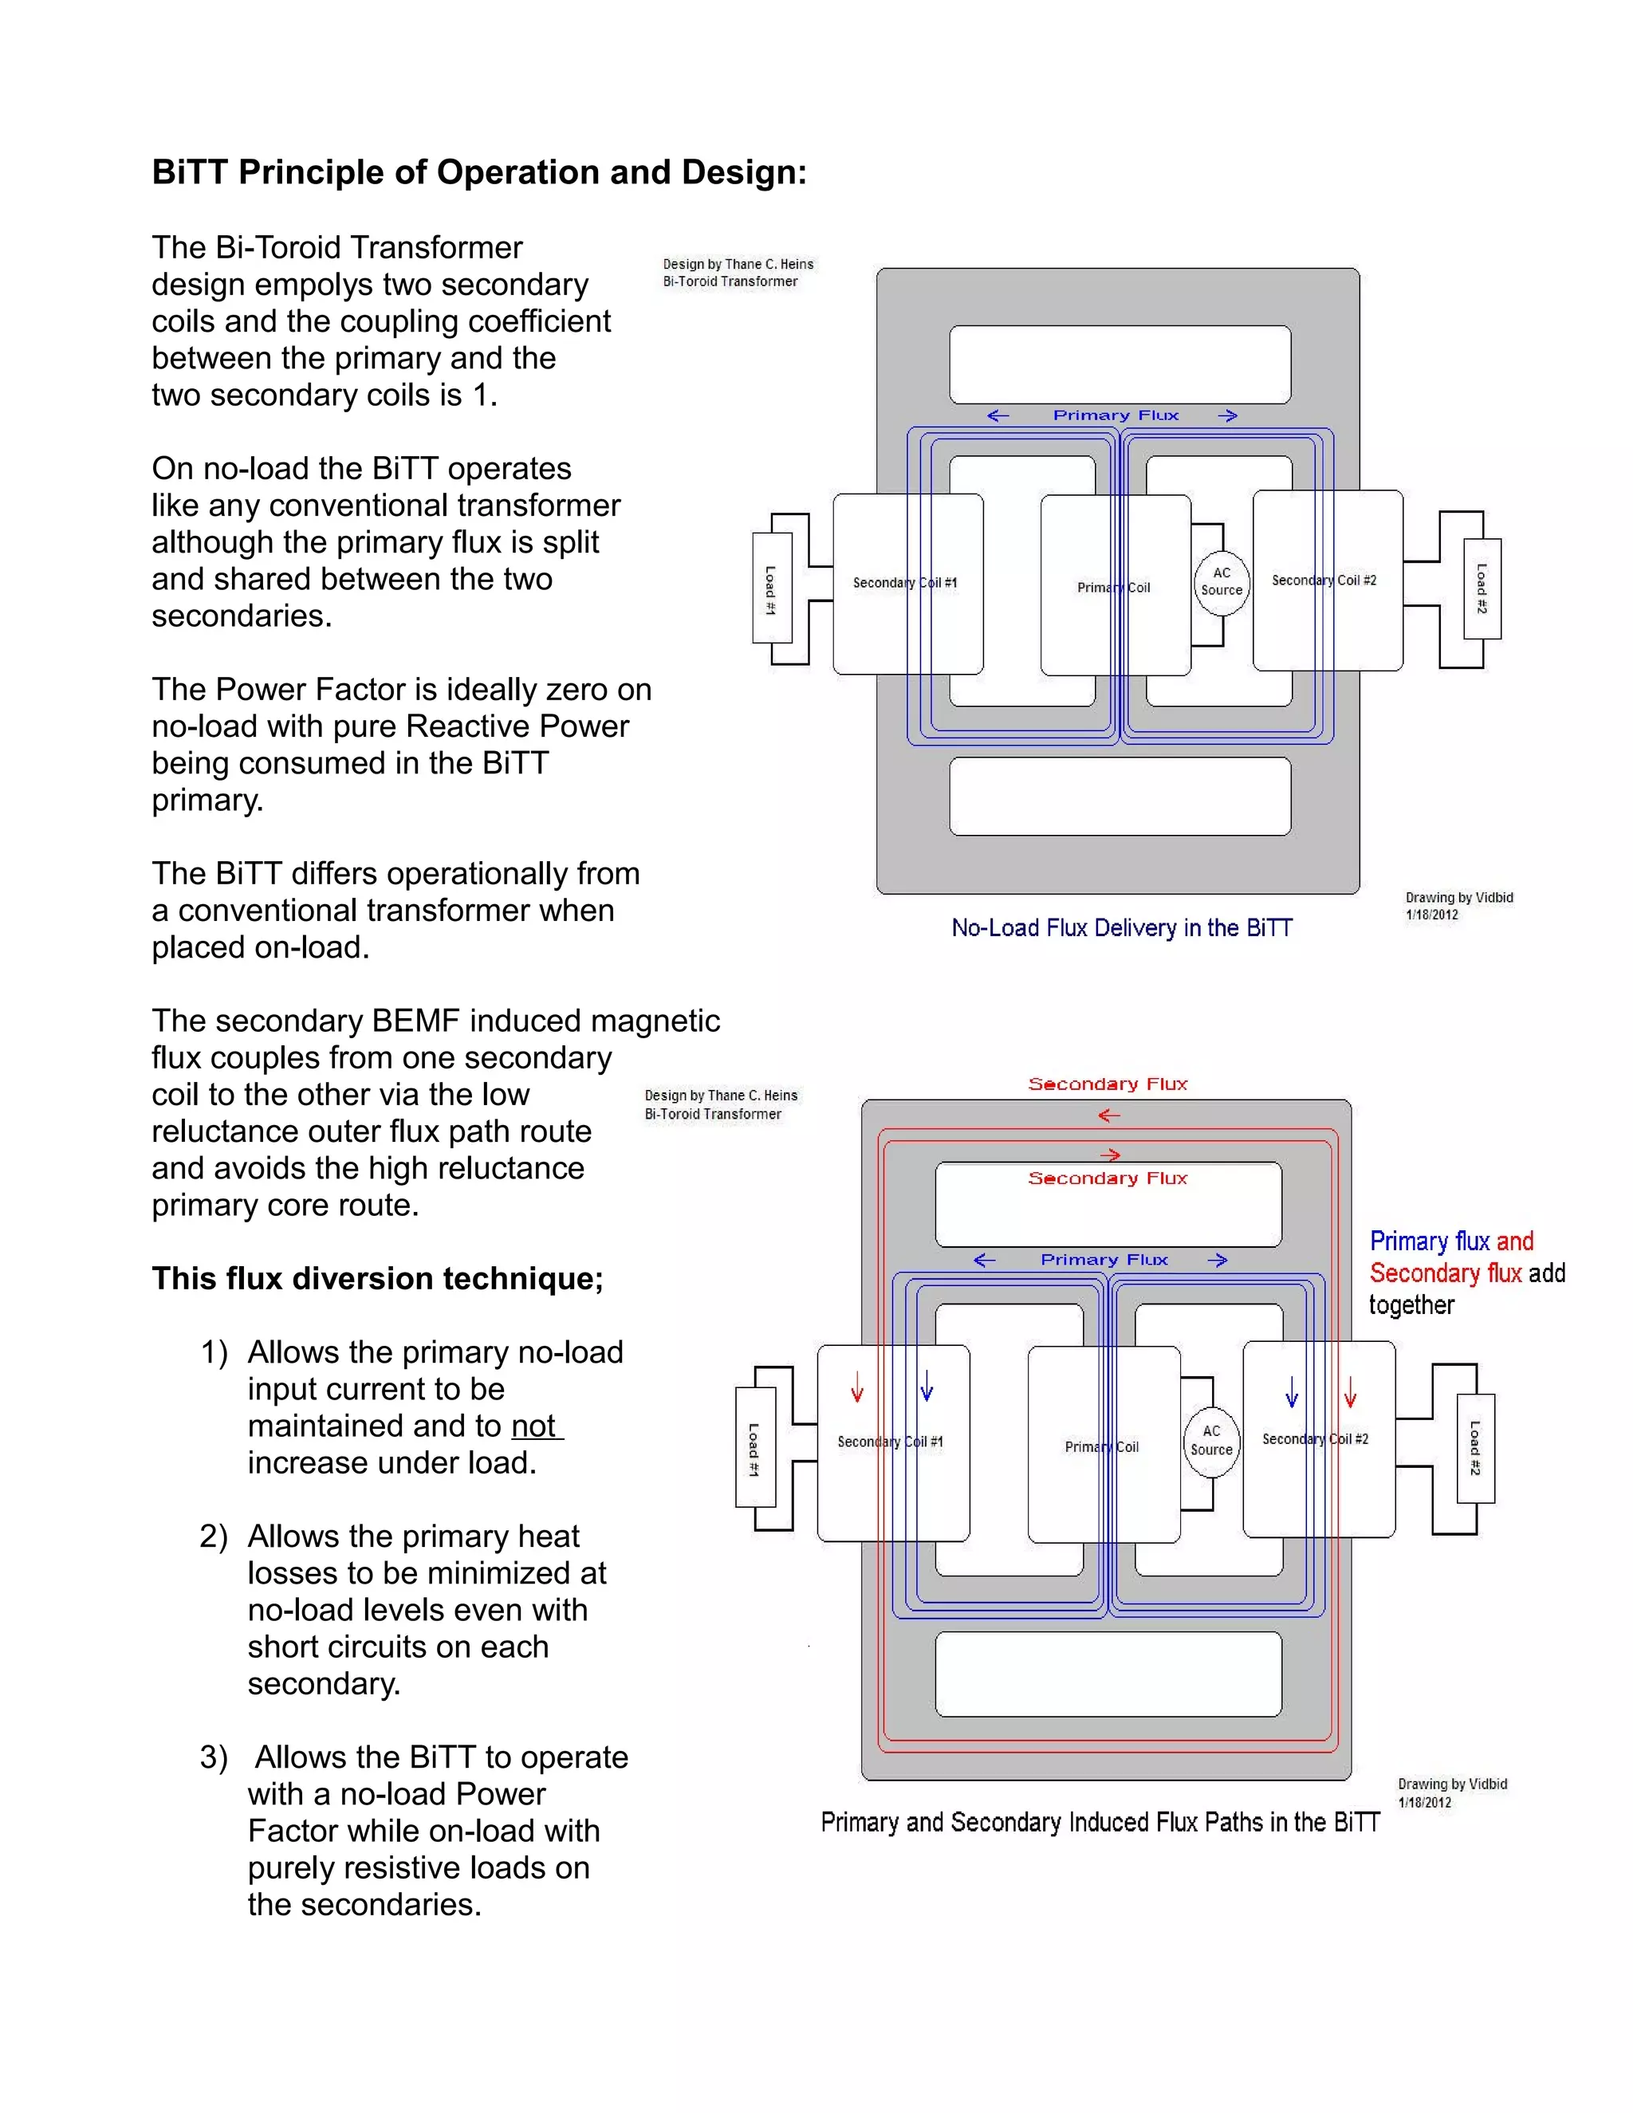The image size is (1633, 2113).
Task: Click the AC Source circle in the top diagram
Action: [x=1221, y=581]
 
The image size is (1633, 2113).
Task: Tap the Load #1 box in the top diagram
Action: [x=771, y=589]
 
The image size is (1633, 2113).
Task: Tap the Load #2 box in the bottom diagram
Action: [x=1475, y=1447]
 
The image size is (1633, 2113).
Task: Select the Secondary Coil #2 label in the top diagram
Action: [x=1324, y=580]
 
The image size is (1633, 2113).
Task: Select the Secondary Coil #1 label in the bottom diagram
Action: [x=890, y=1442]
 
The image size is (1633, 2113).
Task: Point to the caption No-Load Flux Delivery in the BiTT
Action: [x=1121, y=928]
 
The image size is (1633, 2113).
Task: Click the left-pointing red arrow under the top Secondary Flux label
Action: [x=1108, y=1116]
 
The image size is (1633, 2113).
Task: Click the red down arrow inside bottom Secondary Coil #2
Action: [x=1351, y=1393]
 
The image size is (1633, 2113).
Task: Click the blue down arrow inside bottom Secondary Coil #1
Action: [x=927, y=1387]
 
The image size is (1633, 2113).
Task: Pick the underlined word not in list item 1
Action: [x=534, y=1426]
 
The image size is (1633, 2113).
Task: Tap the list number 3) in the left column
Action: [x=214, y=1757]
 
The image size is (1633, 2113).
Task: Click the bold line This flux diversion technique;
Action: [x=377, y=1279]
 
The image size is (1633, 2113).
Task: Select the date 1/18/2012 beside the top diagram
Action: [x=1432, y=915]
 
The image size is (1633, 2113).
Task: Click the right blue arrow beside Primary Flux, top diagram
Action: [x=1228, y=415]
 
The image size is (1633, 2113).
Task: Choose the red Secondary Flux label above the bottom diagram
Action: [x=1108, y=1084]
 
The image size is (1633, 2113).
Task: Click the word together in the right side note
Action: [x=1411, y=1305]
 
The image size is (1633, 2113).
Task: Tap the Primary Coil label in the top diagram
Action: [x=1113, y=588]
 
